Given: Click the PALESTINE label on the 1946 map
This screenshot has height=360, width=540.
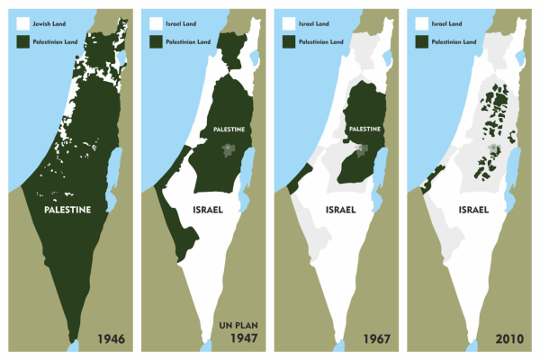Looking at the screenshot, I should [68, 209].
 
